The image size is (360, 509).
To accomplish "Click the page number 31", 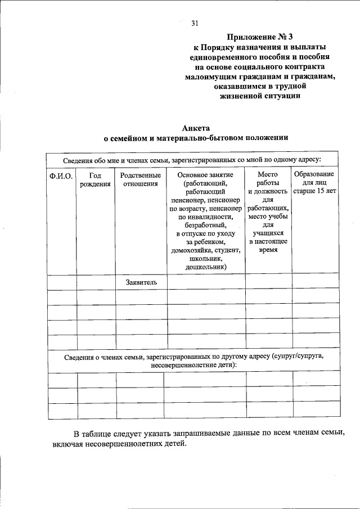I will pyautogui.click(x=195, y=23).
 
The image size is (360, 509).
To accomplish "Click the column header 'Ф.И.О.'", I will pyautogui.click(x=61, y=176).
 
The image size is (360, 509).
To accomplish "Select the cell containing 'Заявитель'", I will pyautogui.click(x=141, y=282).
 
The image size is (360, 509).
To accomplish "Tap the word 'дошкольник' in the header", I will pyautogui.click(x=205, y=267).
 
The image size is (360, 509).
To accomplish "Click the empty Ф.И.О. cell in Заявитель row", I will pyautogui.click(x=61, y=282).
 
